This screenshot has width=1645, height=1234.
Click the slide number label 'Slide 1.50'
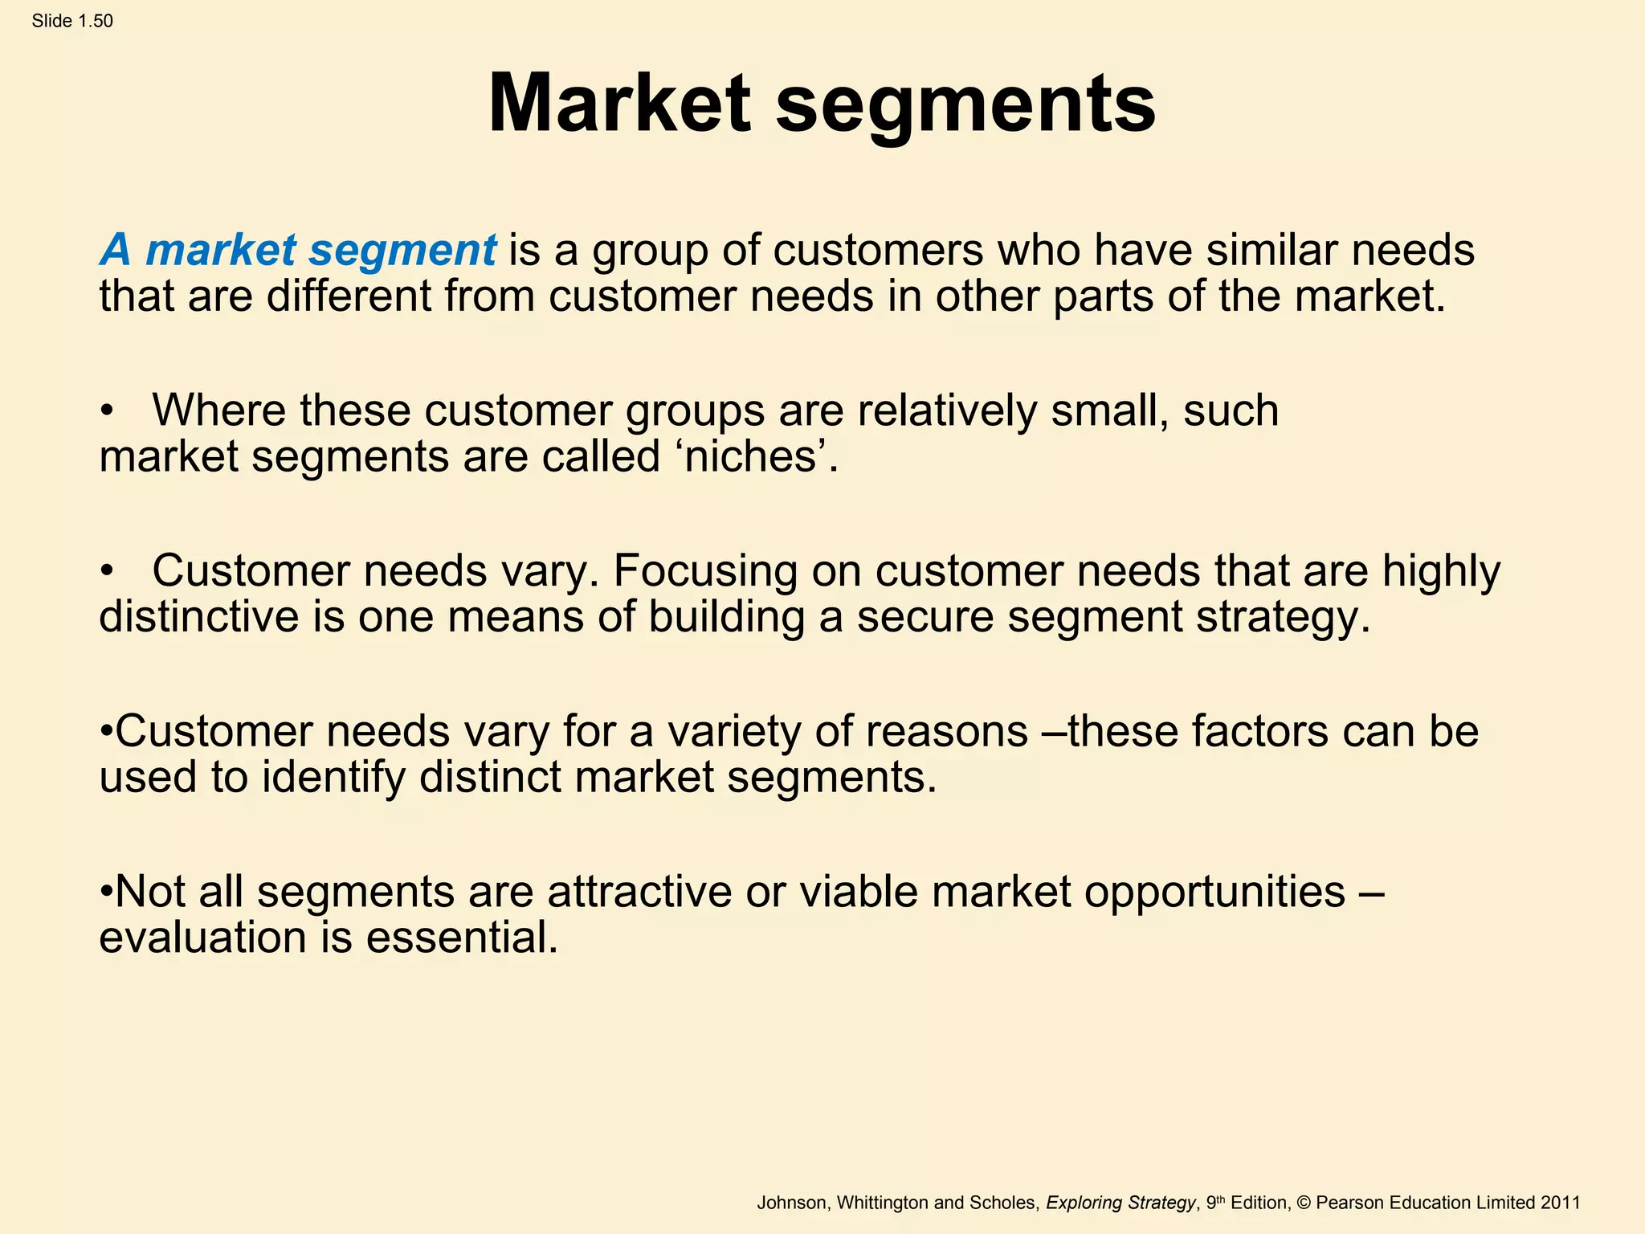[x=72, y=21]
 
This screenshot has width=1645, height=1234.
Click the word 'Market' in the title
[x=618, y=104]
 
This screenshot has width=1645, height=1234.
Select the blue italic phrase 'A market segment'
[x=298, y=251]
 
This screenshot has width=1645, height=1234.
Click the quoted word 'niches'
[x=751, y=456]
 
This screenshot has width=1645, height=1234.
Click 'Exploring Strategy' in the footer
[x=1120, y=1203]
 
